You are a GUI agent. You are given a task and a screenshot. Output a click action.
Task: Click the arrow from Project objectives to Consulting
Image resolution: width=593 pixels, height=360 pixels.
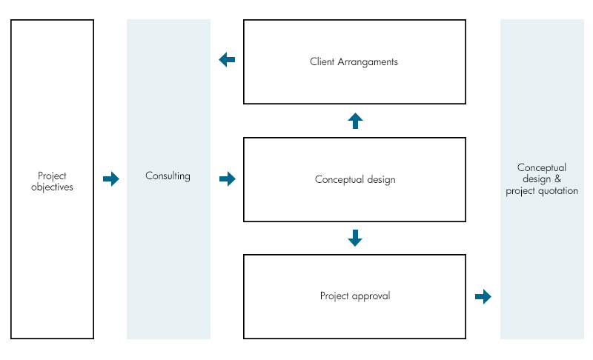110,179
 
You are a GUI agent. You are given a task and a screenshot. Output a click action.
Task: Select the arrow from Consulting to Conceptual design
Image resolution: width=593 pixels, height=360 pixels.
228,179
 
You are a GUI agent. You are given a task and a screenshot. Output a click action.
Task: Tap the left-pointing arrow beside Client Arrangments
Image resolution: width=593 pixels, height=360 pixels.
227,60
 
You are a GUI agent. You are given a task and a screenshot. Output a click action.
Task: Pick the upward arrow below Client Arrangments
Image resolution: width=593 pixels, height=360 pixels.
355,121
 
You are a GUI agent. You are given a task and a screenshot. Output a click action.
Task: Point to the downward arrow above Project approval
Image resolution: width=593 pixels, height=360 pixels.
355,238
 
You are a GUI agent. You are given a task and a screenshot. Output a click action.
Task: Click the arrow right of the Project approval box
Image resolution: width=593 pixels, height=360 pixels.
483,296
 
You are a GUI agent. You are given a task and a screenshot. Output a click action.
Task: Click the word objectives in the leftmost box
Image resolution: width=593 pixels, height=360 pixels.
52,187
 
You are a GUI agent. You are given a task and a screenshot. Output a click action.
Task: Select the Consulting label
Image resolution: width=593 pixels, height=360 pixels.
168,176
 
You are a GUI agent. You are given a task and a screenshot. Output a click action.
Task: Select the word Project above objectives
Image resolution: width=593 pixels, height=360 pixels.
52,176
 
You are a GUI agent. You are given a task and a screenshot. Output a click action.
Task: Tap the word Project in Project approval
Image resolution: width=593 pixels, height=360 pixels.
334,296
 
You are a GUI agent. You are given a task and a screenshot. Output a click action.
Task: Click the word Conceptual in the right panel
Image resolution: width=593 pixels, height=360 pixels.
542,168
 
